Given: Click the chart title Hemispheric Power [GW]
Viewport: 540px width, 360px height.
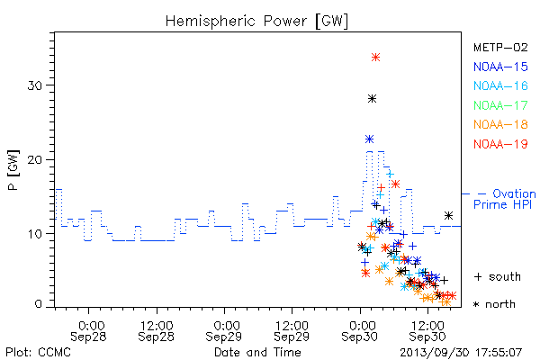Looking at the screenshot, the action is click(256, 22).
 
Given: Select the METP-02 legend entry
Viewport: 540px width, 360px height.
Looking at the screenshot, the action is click(500, 48).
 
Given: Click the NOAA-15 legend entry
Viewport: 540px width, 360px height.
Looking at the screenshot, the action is click(500, 67).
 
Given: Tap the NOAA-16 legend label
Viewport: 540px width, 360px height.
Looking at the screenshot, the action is click(500, 85).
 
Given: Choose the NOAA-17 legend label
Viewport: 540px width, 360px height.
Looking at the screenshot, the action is click(500, 105).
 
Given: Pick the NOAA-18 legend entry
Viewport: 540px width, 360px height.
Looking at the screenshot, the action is click(500, 124).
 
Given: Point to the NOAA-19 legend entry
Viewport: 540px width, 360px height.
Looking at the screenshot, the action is click(500, 144).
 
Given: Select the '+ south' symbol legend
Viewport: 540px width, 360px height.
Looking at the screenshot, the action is click(498, 276).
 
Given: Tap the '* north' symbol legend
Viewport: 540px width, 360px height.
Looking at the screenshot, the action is click(494, 304).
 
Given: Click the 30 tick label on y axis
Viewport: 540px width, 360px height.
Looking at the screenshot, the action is click(35, 85).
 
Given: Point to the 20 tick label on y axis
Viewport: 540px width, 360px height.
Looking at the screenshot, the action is click(35, 160).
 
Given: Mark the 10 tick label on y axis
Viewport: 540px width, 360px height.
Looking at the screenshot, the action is click(35, 234).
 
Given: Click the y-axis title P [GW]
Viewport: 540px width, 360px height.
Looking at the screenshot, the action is click(13, 170).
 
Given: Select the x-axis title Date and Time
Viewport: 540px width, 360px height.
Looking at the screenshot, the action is click(257, 353).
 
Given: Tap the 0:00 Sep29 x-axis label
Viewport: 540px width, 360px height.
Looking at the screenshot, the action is click(224, 331).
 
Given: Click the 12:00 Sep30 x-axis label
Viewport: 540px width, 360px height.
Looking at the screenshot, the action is click(427, 331).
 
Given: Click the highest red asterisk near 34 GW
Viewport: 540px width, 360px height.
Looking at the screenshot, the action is click(375, 58).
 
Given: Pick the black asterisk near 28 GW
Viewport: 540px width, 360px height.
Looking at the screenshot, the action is click(372, 99).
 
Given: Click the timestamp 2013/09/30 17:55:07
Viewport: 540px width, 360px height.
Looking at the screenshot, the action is click(461, 353).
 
